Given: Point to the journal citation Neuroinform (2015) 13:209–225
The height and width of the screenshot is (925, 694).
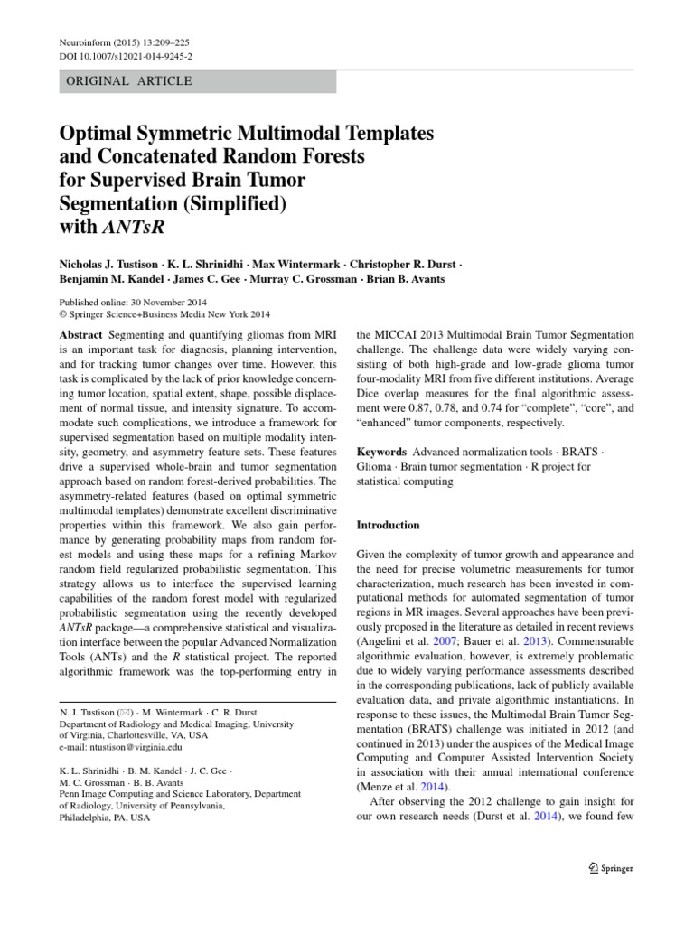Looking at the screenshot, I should (x=124, y=42).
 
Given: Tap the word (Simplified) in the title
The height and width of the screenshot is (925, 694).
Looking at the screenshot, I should (x=236, y=204).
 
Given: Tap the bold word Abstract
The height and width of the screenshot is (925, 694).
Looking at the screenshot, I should (x=81, y=334).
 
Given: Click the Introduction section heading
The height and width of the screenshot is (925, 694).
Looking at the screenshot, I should (x=389, y=525).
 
